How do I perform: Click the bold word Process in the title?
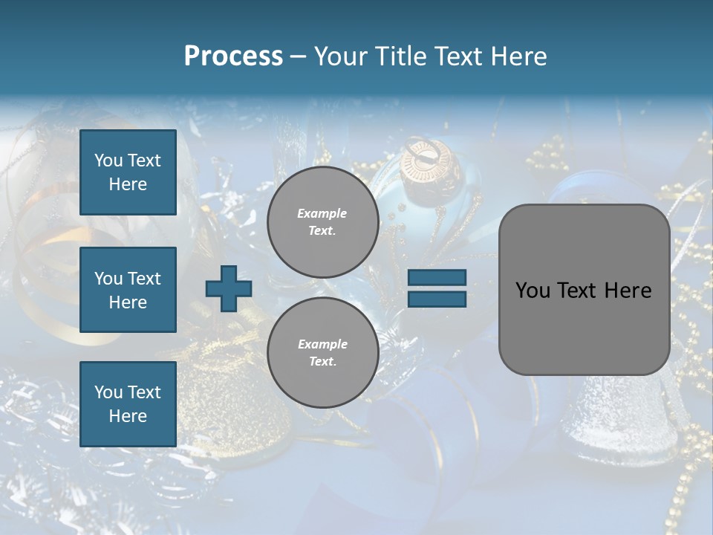click(233, 56)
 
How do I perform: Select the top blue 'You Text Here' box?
click(128, 172)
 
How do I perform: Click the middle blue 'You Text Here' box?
click(128, 290)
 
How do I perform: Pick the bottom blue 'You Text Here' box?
click(128, 403)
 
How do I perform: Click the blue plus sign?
click(229, 288)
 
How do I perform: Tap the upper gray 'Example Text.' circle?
click(323, 222)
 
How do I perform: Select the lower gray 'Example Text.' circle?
click(323, 353)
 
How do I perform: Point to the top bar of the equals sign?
click(437, 277)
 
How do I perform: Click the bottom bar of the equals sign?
click(437, 299)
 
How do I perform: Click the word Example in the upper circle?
click(322, 213)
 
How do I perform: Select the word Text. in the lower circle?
click(322, 362)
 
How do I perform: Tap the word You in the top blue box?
click(108, 160)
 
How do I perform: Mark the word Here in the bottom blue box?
click(128, 416)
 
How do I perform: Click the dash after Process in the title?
click(299, 56)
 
